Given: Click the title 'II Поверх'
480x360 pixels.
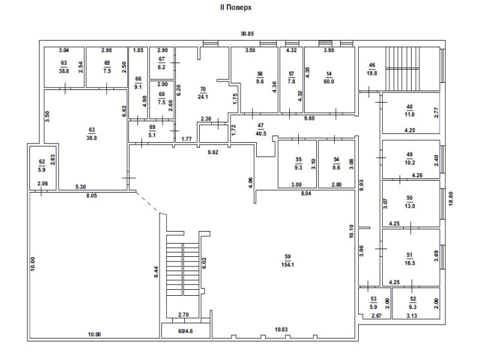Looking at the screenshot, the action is coord(236,7).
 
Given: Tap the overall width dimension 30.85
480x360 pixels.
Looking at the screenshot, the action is coord(247,34).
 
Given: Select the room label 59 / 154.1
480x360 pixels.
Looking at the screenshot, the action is coord(287,260).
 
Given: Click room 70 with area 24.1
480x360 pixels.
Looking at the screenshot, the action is coord(203,93).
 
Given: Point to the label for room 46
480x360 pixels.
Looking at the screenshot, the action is coord(372,69).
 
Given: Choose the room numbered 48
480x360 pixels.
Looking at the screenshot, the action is coord(410,111).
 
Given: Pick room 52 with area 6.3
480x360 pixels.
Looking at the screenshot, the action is coord(413,303).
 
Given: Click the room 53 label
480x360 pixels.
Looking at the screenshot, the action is coord(373,303).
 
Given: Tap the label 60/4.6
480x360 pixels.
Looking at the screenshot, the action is coord(185,331).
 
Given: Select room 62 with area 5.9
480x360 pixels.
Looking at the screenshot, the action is coord(42,166).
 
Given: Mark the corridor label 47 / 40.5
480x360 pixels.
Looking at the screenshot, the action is coord(260,130).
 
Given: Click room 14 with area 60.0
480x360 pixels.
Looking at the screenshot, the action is coord(329,78).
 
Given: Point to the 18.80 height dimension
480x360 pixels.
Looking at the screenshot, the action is coord(451,199).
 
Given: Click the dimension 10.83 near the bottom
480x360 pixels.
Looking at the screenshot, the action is coord(281,329).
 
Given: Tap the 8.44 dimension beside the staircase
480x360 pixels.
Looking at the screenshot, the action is coord(156,272).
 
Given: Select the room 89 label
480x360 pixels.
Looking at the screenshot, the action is coord(152,131).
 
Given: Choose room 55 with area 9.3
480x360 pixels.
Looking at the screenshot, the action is coord(298,163).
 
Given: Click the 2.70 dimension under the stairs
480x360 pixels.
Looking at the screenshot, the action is coord(184,314).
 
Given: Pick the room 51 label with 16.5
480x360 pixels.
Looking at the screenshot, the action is coord(410,259).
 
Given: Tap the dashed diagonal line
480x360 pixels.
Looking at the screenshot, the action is coord(148,202).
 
